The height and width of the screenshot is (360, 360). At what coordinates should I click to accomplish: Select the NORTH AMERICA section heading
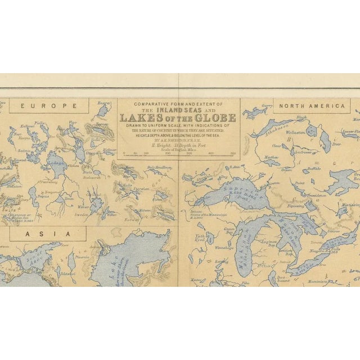[319, 106]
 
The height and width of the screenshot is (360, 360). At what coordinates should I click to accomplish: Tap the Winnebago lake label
[223, 247]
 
